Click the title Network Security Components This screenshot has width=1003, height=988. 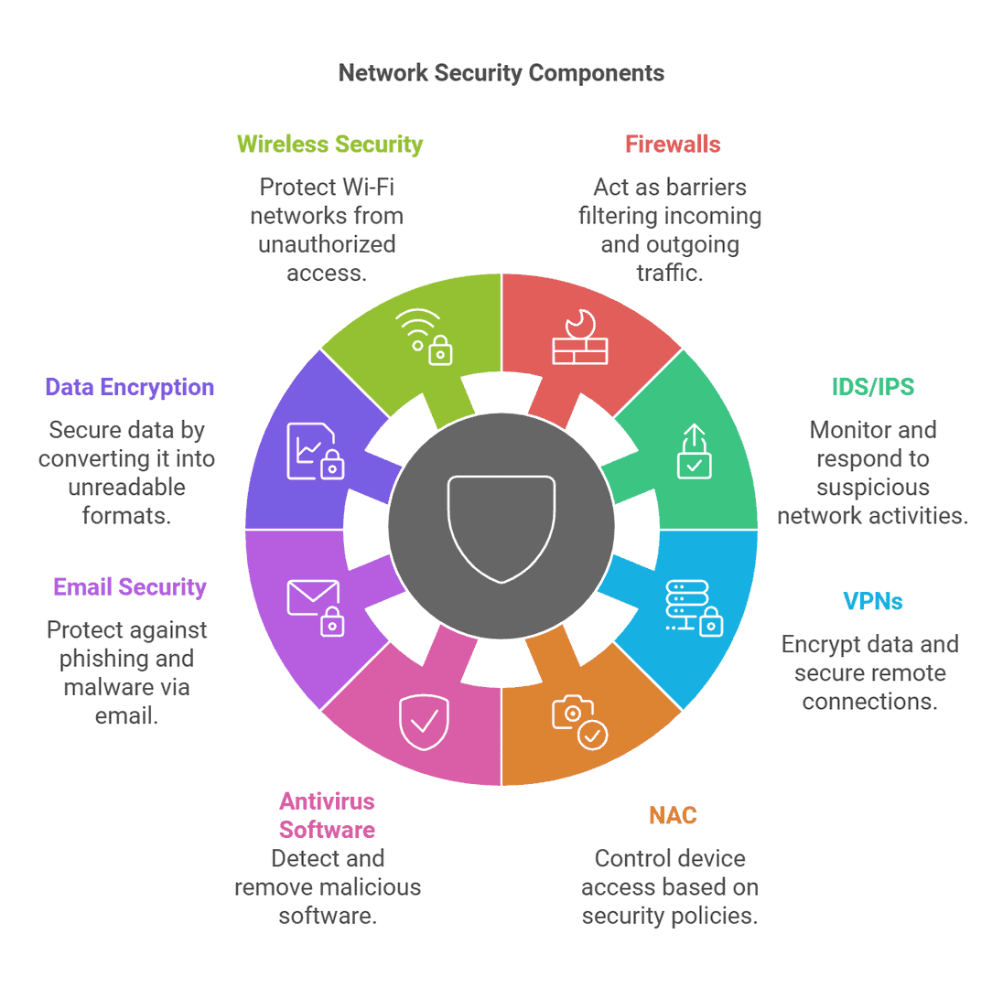click(501, 73)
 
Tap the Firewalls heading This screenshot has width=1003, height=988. click(673, 145)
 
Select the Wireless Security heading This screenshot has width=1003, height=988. click(329, 145)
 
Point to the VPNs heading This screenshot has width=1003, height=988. click(872, 601)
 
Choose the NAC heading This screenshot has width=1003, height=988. click(672, 815)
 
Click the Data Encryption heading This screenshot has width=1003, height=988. click(130, 387)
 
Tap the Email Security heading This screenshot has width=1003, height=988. click(130, 586)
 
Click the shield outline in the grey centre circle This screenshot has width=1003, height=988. click(501, 528)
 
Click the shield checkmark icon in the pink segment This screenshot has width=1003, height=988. click(423, 722)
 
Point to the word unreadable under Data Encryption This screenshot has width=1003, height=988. click(126, 487)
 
